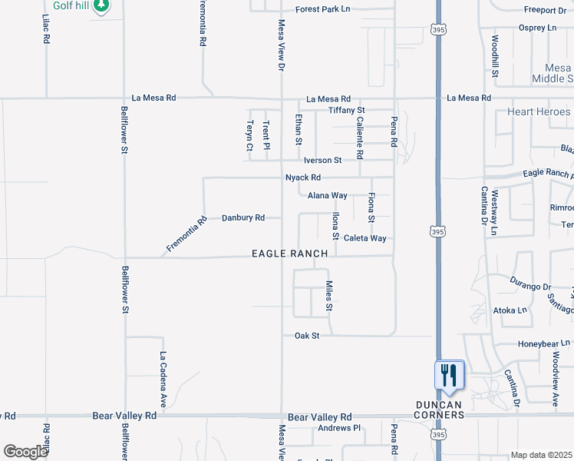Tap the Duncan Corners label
(440, 410)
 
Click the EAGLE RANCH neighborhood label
(291, 254)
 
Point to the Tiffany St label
(346, 111)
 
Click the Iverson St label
(322, 161)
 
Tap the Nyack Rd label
(303, 177)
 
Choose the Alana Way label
(328, 196)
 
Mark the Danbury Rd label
(243, 218)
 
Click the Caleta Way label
(365, 238)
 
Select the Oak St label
(306, 336)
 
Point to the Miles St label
(328, 296)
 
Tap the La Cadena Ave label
(163, 379)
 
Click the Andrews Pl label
(339, 428)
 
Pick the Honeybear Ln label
(545, 343)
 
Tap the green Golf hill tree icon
(101, 6)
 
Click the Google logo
(25, 452)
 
